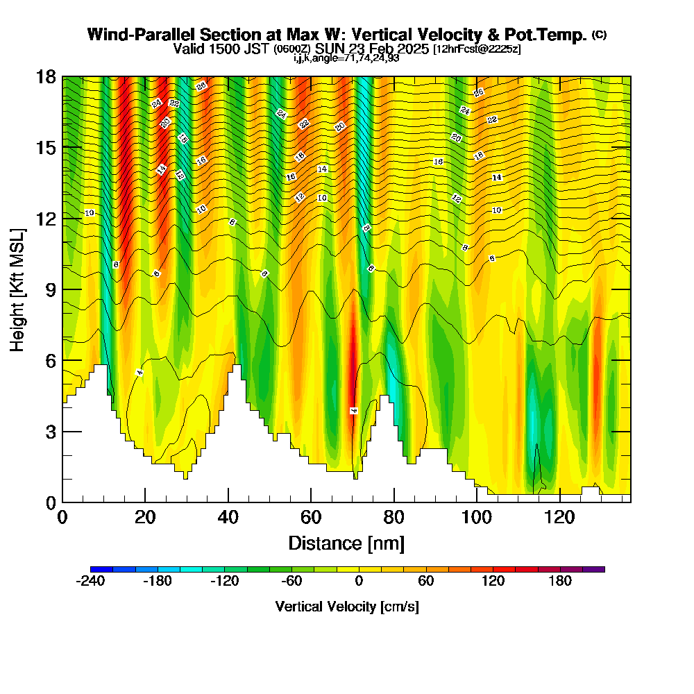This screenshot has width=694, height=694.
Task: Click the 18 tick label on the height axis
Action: click(x=46, y=76)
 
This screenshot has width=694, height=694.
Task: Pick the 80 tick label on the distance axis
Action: click(x=393, y=518)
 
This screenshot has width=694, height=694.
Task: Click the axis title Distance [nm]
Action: click(x=346, y=543)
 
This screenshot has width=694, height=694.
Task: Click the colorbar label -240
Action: click(x=90, y=582)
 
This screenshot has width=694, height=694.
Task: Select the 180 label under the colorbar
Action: click(x=560, y=582)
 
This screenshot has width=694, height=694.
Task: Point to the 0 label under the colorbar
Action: click(x=359, y=582)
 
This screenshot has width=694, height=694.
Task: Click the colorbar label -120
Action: click(x=224, y=582)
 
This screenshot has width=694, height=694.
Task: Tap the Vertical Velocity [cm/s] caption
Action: click(x=347, y=607)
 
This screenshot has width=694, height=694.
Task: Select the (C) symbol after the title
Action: click(x=599, y=35)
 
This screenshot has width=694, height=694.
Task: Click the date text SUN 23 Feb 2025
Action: click(x=372, y=49)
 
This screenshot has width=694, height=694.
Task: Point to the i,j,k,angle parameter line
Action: click(x=346, y=58)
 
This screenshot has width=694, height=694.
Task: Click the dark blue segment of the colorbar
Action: click(x=96, y=569)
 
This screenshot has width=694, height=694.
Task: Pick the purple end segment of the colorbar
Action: click(x=599, y=569)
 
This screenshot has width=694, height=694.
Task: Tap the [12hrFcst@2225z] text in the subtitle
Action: click(x=477, y=49)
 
